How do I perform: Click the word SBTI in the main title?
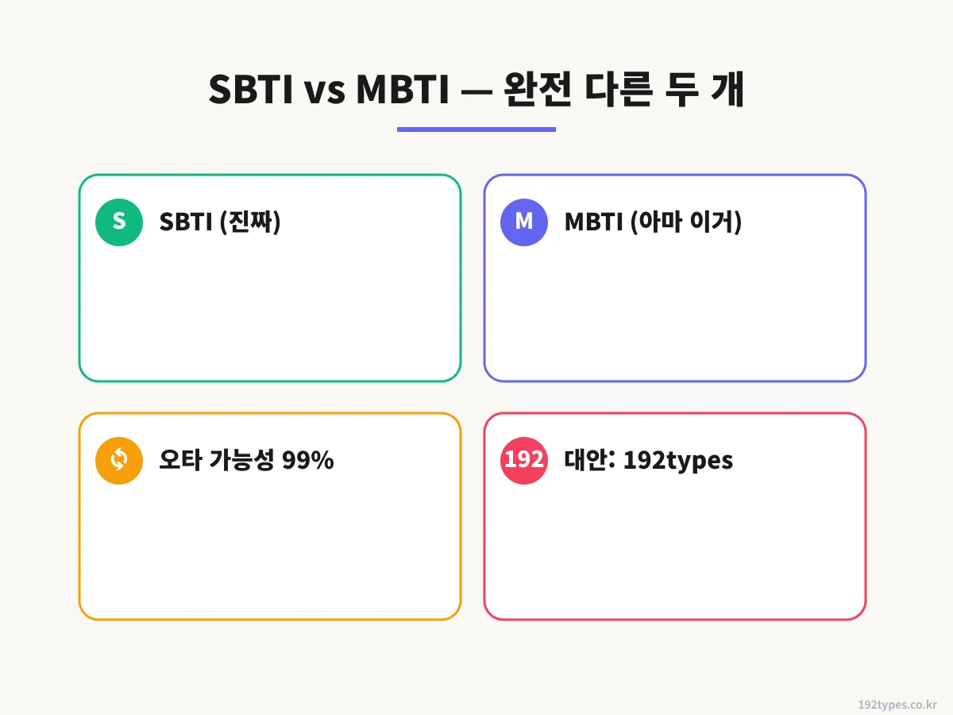pyautogui.click(x=251, y=91)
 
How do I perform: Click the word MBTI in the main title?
pyautogui.click(x=400, y=91)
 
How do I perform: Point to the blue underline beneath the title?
pyautogui.click(x=476, y=129)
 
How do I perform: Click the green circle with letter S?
pyautogui.click(x=119, y=222)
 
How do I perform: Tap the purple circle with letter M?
pyautogui.click(x=524, y=222)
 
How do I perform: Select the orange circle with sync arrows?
pyautogui.click(x=119, y=460)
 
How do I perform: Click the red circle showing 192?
pyautogui.click(x=524, y=460)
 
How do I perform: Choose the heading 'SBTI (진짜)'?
pyautogui.click(x=220, y=222)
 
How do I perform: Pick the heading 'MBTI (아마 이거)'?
pyautogui.click(x=653, y=222)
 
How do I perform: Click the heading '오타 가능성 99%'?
pyautogui.click(x=246, y=461)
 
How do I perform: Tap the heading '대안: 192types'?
pyautogui.click(x=648, y=461)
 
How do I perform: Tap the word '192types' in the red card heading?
pyautogui.click(x=677, y=461)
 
